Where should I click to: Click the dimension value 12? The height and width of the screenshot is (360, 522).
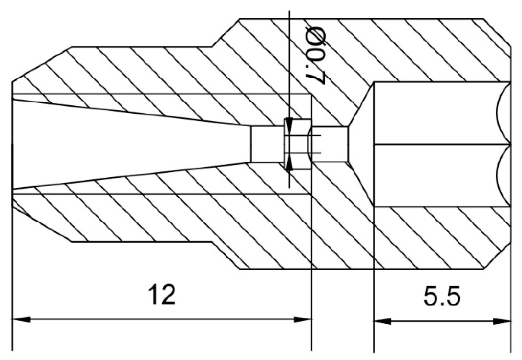[162, 294]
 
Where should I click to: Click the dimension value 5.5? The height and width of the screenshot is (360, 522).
[442, 297]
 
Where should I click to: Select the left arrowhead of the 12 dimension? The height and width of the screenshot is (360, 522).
[21, 319]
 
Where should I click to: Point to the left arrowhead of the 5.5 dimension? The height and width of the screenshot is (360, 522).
[382, 322]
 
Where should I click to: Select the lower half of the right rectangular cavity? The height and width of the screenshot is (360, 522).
[434, 175]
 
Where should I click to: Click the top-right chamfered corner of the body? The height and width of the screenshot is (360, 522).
[497, 32]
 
